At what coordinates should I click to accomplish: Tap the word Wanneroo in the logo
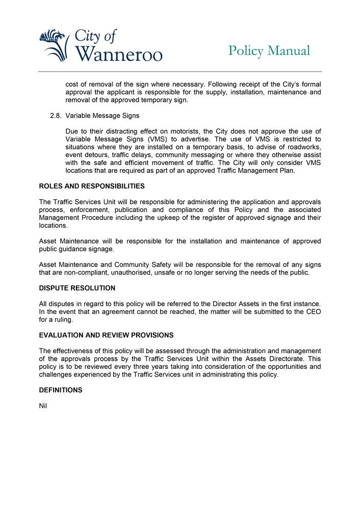click(118, 53)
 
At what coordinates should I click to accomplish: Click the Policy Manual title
click(269, 50)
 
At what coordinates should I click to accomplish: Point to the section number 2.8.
click(56, 116)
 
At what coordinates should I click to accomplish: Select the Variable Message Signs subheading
click(102, 116)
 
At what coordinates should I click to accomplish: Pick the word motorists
click(177, 131)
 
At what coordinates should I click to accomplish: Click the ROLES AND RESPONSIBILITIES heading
click(92, 186)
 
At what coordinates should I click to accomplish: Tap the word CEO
click(312, 312)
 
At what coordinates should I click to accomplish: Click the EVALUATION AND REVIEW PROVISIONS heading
click(106, 335)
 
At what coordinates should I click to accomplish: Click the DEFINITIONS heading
click(61, 390)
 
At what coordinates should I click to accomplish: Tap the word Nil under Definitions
click(43, 406)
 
